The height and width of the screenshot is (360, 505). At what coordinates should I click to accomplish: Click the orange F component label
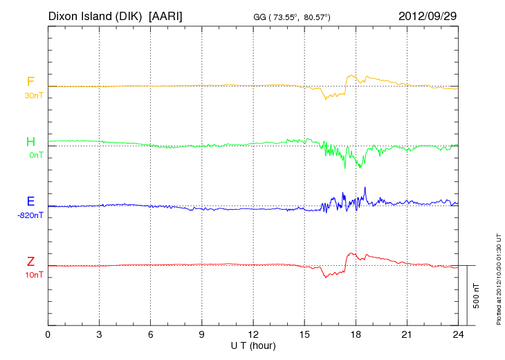[30, 82]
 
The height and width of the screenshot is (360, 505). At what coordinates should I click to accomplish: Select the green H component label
[30, 142]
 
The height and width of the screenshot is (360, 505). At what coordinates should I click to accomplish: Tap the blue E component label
[30, 201]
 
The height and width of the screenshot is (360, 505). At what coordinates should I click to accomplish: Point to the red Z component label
[30, 261]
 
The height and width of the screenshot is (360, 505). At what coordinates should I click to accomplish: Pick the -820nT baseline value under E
[30, 215]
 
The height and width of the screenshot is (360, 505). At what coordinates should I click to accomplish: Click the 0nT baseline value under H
[35, 155]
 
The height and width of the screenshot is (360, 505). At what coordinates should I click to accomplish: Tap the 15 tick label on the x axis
[305, 335]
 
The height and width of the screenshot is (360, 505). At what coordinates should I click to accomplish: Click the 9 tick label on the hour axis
[202, 335]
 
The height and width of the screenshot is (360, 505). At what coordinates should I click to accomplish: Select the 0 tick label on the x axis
[48, 335]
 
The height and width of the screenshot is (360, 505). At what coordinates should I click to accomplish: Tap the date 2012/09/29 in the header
[428, 15]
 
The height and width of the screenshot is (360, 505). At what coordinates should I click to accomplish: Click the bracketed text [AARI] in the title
[166, 15]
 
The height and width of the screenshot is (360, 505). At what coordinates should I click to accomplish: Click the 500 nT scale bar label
[476, 296]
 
